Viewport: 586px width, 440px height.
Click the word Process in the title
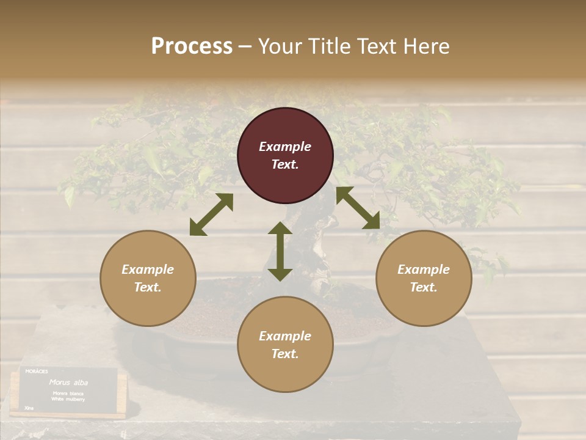(192, 46)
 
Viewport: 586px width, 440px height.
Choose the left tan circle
(148, 278)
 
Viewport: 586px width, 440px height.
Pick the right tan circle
(424, 278)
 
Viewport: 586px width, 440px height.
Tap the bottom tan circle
(285, 345)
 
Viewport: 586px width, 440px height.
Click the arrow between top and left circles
(211, 215)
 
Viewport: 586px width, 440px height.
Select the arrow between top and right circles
(358, 208)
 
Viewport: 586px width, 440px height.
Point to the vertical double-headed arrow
(280, 251)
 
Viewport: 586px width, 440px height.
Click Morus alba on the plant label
(68, 383)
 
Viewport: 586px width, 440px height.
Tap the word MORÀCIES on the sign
(37, 371)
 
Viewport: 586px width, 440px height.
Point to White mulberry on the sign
(68, 398)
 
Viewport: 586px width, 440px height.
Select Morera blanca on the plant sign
(68, 393)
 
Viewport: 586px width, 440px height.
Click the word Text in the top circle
(285, 164)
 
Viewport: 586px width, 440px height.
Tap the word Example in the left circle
(148, 269)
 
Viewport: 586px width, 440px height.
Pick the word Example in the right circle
(424, 269)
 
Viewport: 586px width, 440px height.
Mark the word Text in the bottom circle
(285, 354)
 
